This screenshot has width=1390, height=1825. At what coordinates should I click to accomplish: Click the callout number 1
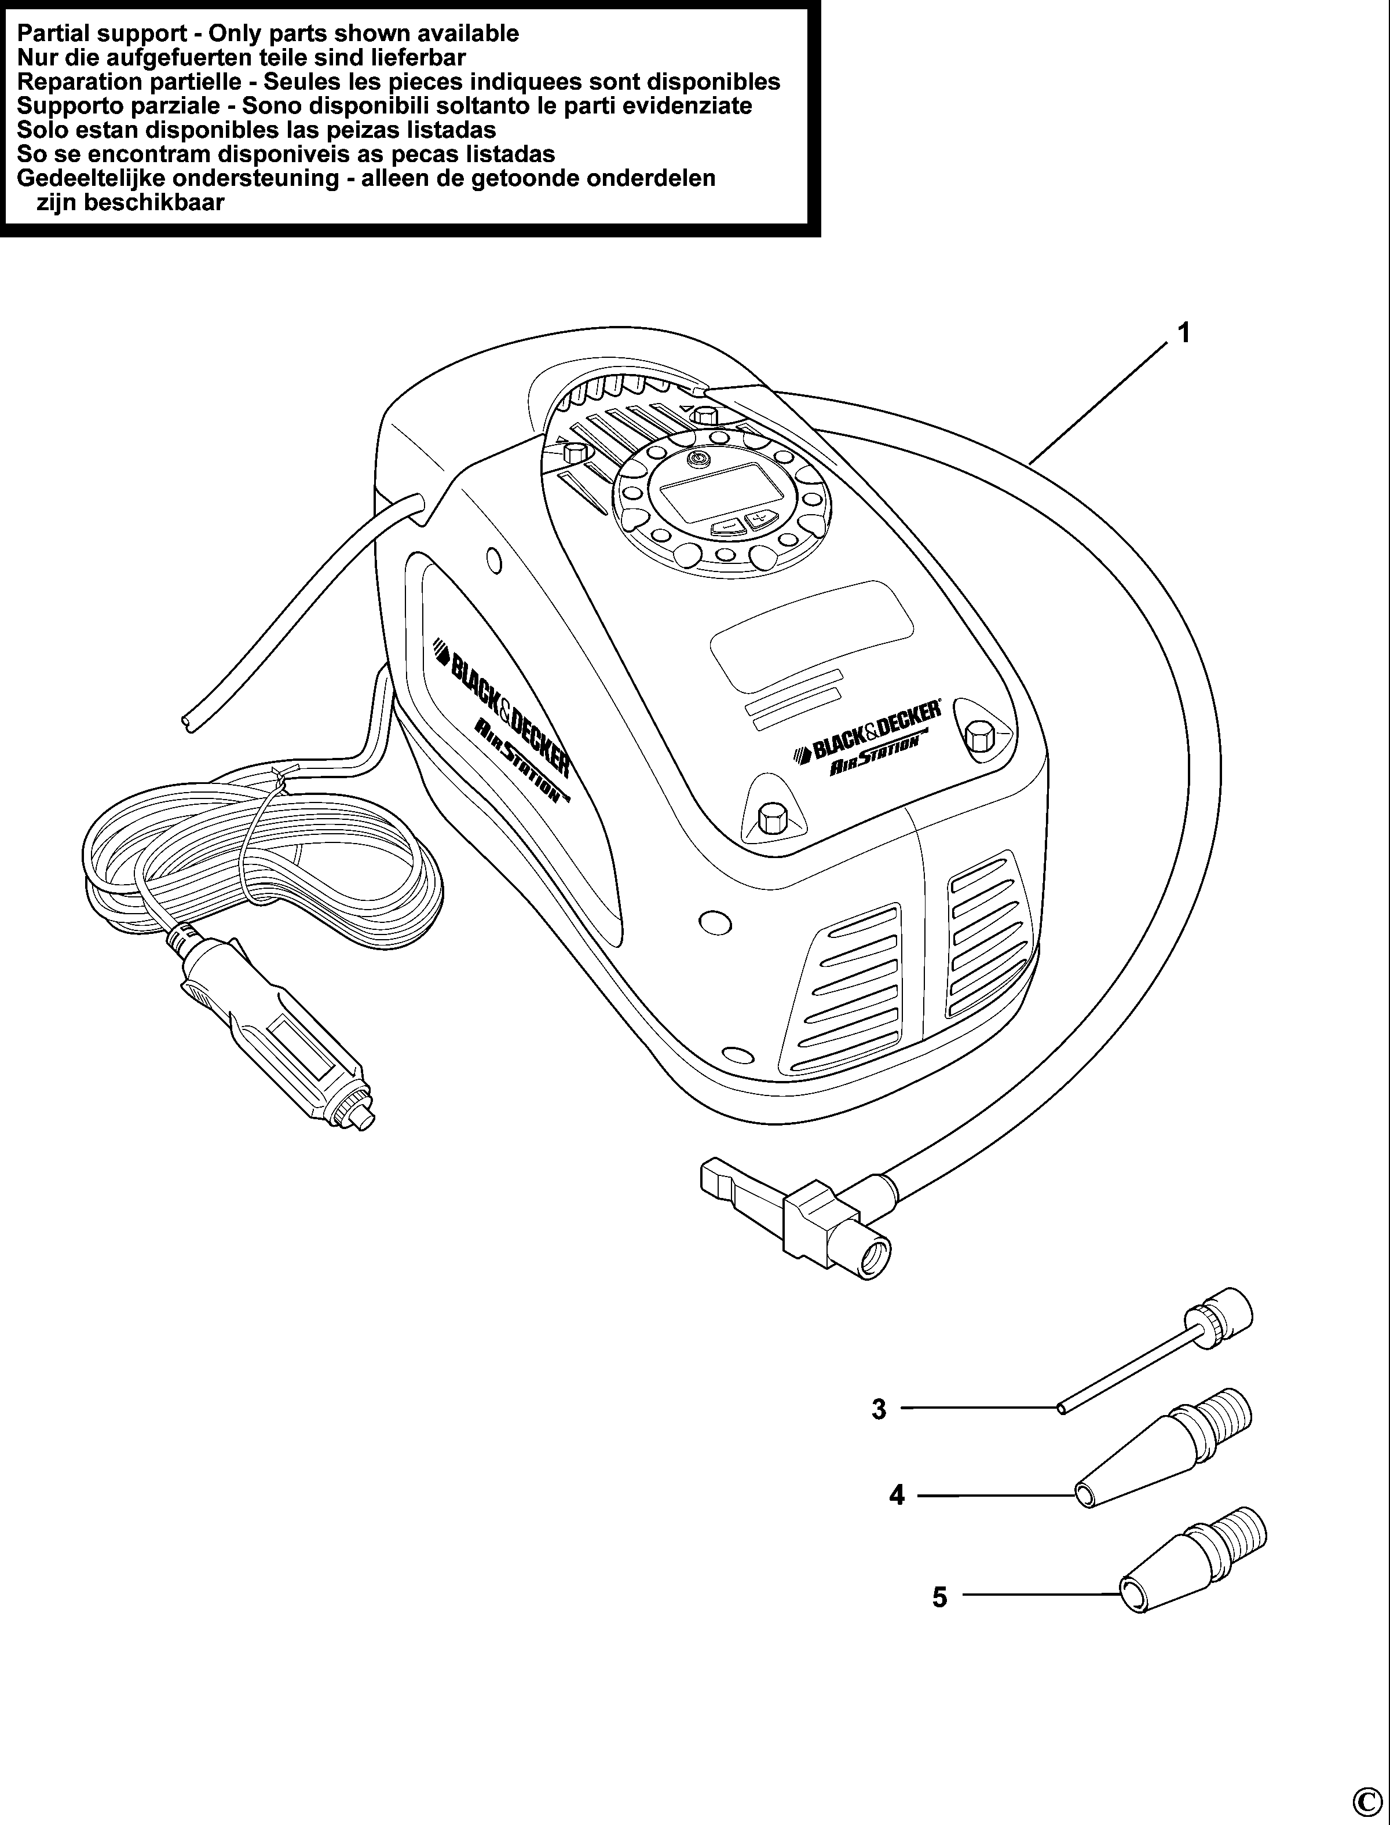point(1184,334)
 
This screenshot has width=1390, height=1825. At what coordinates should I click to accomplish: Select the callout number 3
point(879,1408)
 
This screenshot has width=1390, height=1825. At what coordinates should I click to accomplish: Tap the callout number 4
point(897,1495)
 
